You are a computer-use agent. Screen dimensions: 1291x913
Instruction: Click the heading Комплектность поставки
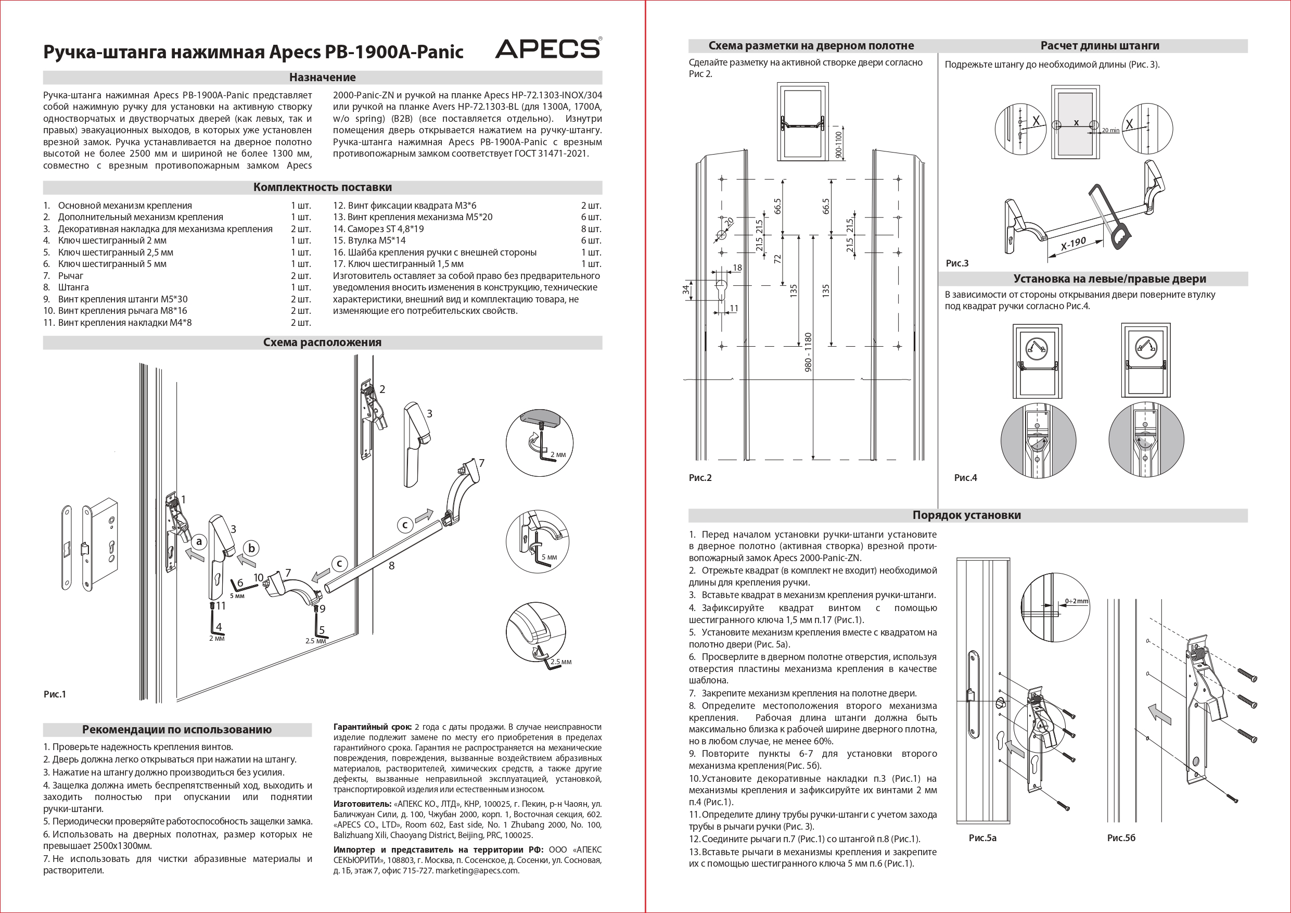click(x=322, y=187)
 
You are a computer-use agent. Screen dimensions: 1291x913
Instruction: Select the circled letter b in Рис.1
click(x=252, y=549)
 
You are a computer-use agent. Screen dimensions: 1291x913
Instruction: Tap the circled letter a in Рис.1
click(x=198, y=542)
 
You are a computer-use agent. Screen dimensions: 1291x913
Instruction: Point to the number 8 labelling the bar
click(x=391, y=566)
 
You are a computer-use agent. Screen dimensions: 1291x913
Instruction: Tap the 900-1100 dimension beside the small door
click(x=839, y=144)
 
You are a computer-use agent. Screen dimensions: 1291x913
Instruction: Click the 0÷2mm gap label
click(x=1076, y=601)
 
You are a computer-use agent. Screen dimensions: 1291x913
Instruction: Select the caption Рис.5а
click(x=982, y=838)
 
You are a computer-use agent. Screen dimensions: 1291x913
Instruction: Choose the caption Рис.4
click(x=965, y=478)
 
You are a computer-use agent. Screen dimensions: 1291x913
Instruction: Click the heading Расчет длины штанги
click(x=1100, y=46)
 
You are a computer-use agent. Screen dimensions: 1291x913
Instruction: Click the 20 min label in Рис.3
click(x=1110, y=130)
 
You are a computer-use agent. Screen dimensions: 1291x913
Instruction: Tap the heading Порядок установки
click(x=967, y=515)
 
